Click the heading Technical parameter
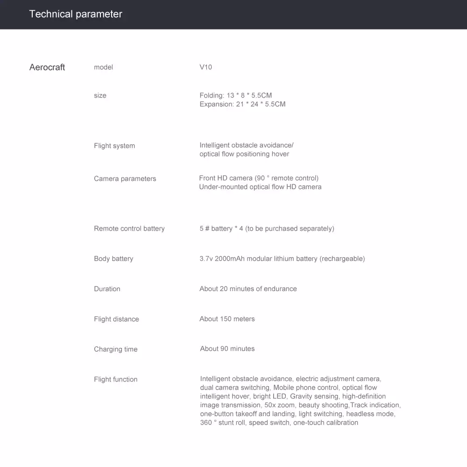coord(76,14)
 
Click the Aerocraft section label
coord(47,67)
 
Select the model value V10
coord(205,67)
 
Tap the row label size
coord(100,96)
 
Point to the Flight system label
coord(114,146)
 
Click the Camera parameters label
coord(125,179)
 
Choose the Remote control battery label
coord(129,229)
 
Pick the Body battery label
coord(113,259)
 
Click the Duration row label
coord(107,289)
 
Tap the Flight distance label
coord(116,319)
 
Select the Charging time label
coord(116,349)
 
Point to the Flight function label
coord(116,380)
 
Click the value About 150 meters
coord(227,319)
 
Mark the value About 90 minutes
coord(227,349)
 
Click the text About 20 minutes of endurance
coord(248,289)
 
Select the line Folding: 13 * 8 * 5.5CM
coord(235,95)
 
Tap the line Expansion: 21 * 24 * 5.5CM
coord(242,104)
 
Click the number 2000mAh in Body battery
coord(230,259)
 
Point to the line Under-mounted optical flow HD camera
coord(260,187)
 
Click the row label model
coord(103,67)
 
